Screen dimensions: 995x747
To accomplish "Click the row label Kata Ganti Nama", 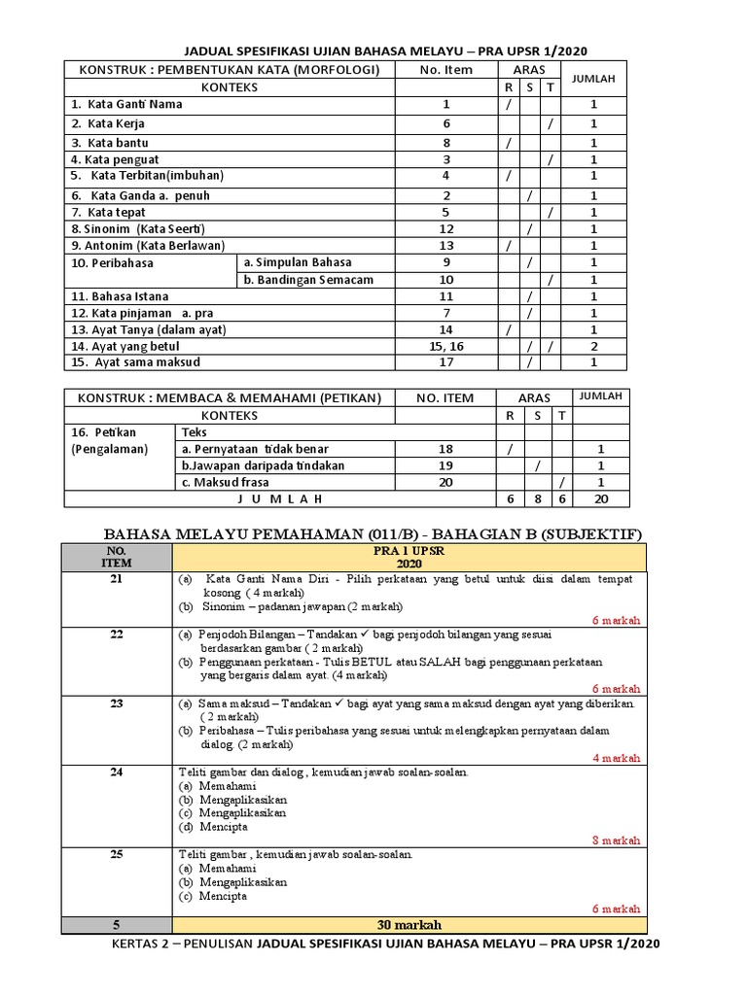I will pos(126,104).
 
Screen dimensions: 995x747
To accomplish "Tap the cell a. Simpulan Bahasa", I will pos(298,262).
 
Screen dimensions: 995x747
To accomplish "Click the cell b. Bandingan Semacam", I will pos(308,280).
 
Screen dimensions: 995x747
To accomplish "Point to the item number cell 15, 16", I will pos(445,345).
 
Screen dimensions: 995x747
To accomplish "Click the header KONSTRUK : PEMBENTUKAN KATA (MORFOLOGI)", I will pos(230,69).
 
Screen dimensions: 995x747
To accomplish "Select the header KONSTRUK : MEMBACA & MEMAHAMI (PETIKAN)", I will pos(230,397).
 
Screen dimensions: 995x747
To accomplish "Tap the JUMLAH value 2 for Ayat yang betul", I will pos(594,345).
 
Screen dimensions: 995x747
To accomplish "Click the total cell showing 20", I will pos(600,497).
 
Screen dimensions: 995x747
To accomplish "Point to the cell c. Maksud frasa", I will pos(225,482).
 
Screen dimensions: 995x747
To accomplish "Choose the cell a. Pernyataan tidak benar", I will pos(255,449).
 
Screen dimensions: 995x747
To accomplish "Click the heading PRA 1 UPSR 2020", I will pos(401,557).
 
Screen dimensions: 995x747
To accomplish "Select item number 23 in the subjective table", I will pos(117,703).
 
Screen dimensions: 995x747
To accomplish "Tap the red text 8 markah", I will pos(616,841).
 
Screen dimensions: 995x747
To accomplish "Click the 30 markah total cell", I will pos(401,924).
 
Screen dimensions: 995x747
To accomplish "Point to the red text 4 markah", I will pos(616,758).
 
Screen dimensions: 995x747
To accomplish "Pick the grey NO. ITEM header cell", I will pos(117,557).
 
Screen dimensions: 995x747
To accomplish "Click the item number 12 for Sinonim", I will pos(445,228).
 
